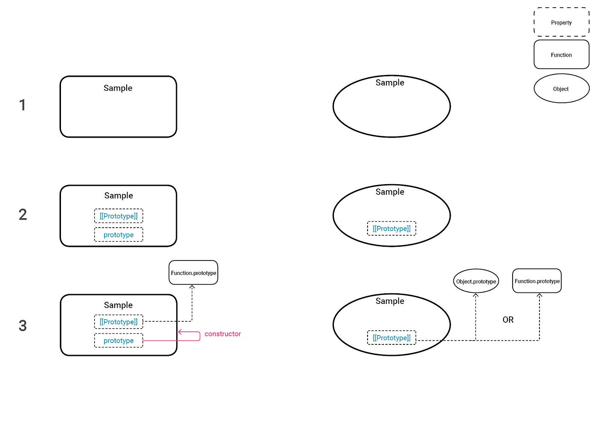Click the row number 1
(22, 105)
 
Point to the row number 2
(23, 214)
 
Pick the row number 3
(23, 326)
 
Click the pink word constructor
(223, 334)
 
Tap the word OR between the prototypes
(508, 320)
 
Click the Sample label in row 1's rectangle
(118, 88)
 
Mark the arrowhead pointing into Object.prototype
(475, 295)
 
